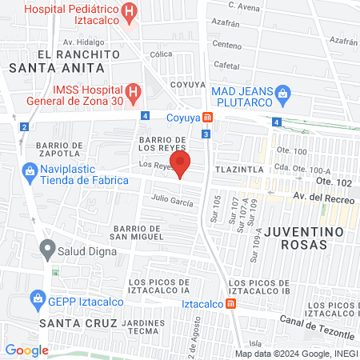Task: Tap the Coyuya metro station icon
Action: tap(208, 117)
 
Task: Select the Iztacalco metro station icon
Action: tap(230, 303)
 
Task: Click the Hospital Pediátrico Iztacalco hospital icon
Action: tap(129, 14)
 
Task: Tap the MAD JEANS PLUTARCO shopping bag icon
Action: tap(282, 94)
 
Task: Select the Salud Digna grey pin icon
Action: tap(48, 250)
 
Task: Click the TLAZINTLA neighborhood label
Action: tap(238, 170)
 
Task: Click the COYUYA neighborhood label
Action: tap(188, 82)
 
